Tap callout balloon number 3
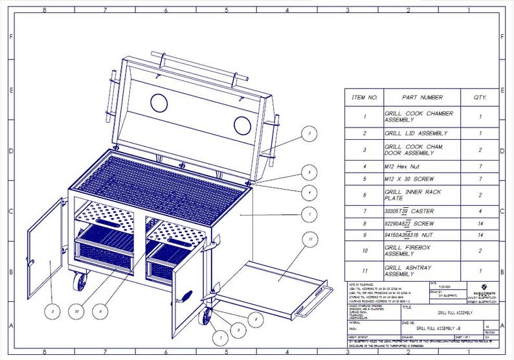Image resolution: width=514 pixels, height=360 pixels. [52, 311]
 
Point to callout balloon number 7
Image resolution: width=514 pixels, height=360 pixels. [220, 337]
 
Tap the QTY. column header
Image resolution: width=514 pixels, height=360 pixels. [480, 97]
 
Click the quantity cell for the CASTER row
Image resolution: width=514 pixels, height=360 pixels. [480, 211]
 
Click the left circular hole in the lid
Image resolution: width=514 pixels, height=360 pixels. [159, 102]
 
